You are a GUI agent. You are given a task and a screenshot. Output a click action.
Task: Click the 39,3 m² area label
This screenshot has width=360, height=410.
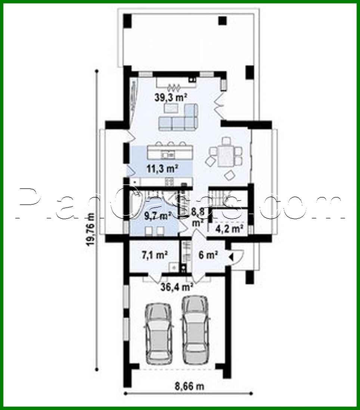[171, 97]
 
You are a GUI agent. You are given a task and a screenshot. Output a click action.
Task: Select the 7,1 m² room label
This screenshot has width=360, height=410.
[154, 255]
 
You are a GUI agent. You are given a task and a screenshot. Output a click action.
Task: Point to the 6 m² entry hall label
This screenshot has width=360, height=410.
[208, 255]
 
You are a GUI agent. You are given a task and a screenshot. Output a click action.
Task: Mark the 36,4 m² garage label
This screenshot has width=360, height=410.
[176, 287]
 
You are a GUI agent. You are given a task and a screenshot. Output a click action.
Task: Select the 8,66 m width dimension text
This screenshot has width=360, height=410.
[189, 386]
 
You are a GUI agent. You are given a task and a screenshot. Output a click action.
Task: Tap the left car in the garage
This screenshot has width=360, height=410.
[158, 334]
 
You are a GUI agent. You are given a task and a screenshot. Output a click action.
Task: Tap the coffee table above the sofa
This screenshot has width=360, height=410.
[171, 108]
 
